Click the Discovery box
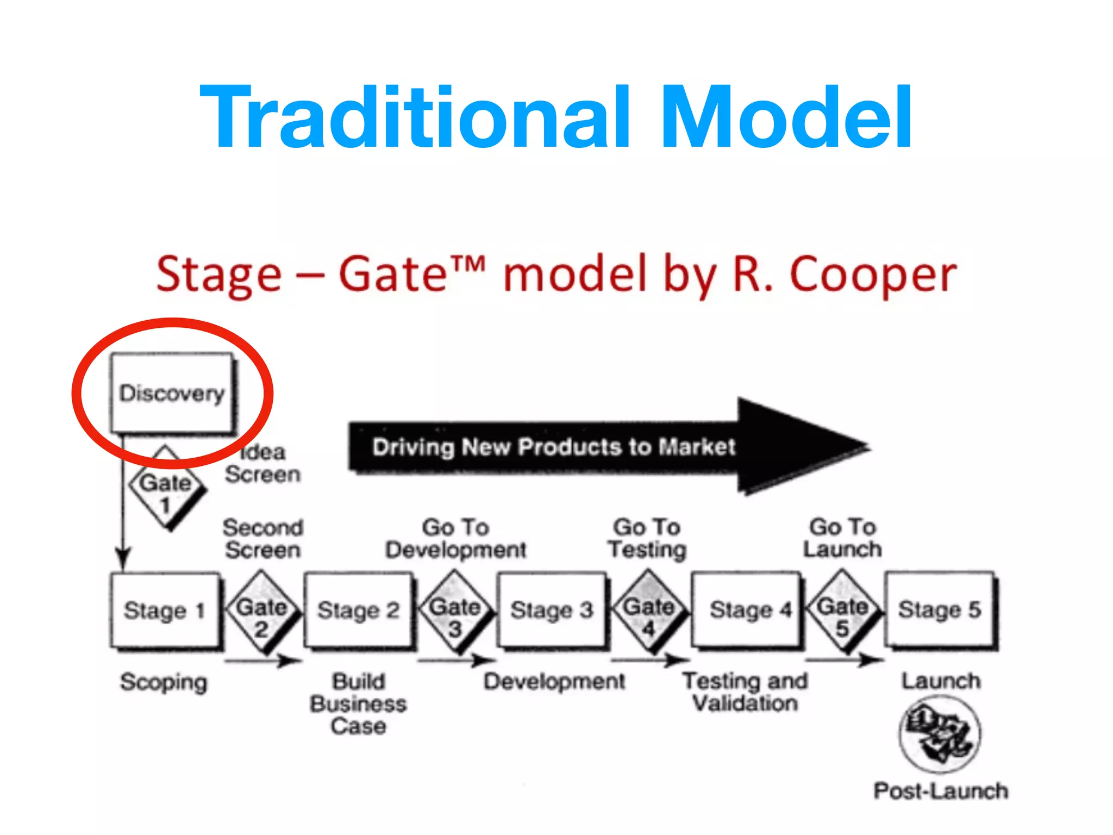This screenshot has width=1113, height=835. coord(172,392)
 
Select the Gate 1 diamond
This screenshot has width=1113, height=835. coord(166,488)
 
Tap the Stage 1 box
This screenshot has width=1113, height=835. coord(165,610)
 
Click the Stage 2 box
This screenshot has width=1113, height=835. coord(358,610)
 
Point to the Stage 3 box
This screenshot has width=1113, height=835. coord(552,610)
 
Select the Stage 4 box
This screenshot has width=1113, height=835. coord(746,610)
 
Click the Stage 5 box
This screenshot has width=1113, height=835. coord(940,610)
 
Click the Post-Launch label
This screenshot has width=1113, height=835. coord(941,791)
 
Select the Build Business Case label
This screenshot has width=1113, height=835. coord(359,704)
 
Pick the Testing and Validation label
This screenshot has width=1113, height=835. coord(746,692)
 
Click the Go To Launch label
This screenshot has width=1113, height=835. coord(842,538)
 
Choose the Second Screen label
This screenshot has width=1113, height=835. coord(263,539)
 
